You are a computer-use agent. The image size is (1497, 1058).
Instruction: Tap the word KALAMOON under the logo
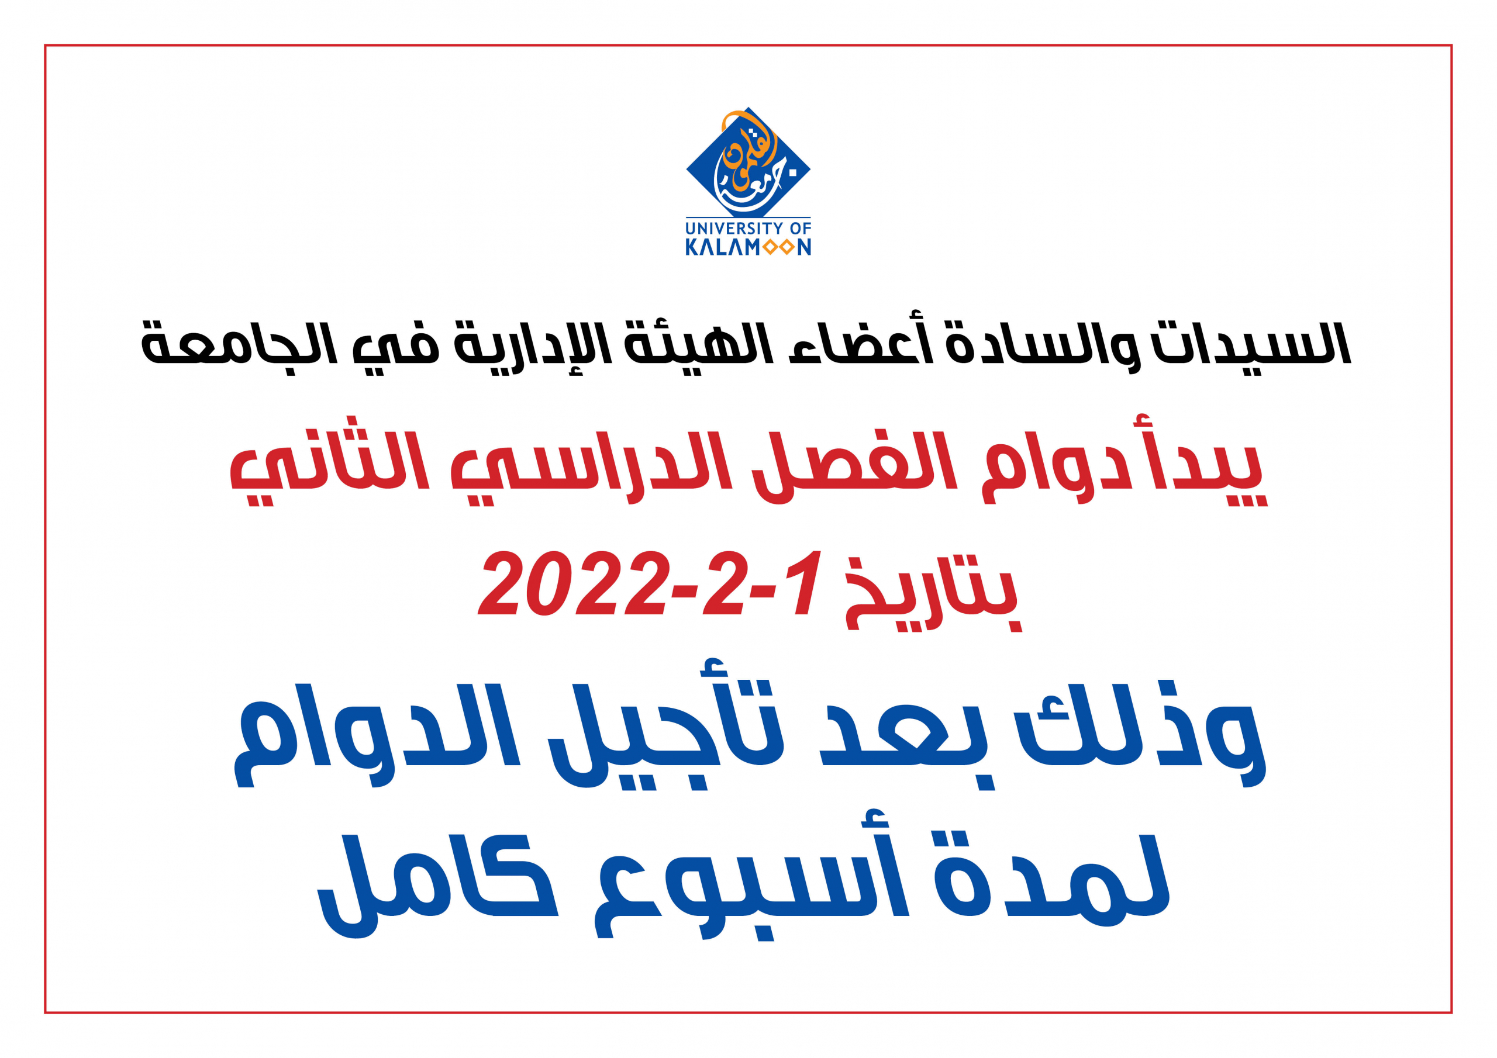[x=748, y=247]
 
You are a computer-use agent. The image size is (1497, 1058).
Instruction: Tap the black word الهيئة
[x=698, y=342]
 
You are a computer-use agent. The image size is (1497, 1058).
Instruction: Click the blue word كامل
[x=437, y=883]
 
